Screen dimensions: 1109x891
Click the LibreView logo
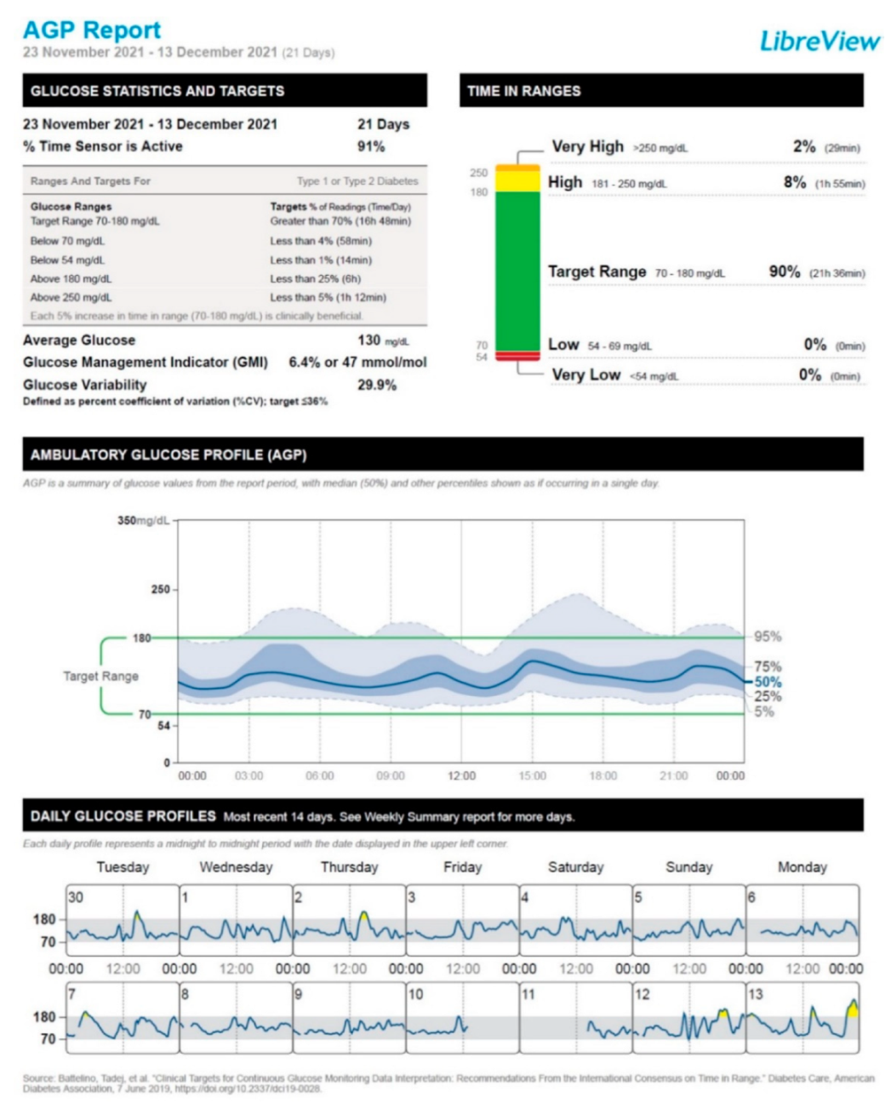click(x=819, y=40)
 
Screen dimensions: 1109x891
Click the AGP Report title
click(x=92, y=30)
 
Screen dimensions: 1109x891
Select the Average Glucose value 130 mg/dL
click(x=382, y=340)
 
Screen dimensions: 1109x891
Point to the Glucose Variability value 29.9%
click(x=376, y=385)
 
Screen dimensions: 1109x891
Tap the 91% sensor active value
click(x=371, y=146)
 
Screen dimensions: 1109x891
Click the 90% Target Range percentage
click(x=784, y=272)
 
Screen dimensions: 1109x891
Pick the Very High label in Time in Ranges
click(x=587, y=146)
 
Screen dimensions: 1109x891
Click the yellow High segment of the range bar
click(x=517, y=181)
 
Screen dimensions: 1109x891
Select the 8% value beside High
click(x=794, y=182)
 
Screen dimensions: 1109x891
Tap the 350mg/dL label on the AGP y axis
click(x=143, y=521)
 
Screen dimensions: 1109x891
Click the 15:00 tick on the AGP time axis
click(x=533, y=775)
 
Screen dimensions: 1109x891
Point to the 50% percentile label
click(x=768, y=682)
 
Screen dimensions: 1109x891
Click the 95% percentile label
click(x=768, y=637)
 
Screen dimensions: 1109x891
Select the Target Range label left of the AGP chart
click(x=100, y=676)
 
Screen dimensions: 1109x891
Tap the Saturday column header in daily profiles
click(x=575, y=867)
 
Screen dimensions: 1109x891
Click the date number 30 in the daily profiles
click(x=76, y=897)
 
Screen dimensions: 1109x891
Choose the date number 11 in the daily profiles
click(x=528, y=994)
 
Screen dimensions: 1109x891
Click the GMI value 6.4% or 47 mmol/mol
click(x=357, y=363)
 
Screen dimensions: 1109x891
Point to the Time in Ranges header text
click(x=523, y=91)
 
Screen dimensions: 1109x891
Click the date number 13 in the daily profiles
click(x=756, y=994)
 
